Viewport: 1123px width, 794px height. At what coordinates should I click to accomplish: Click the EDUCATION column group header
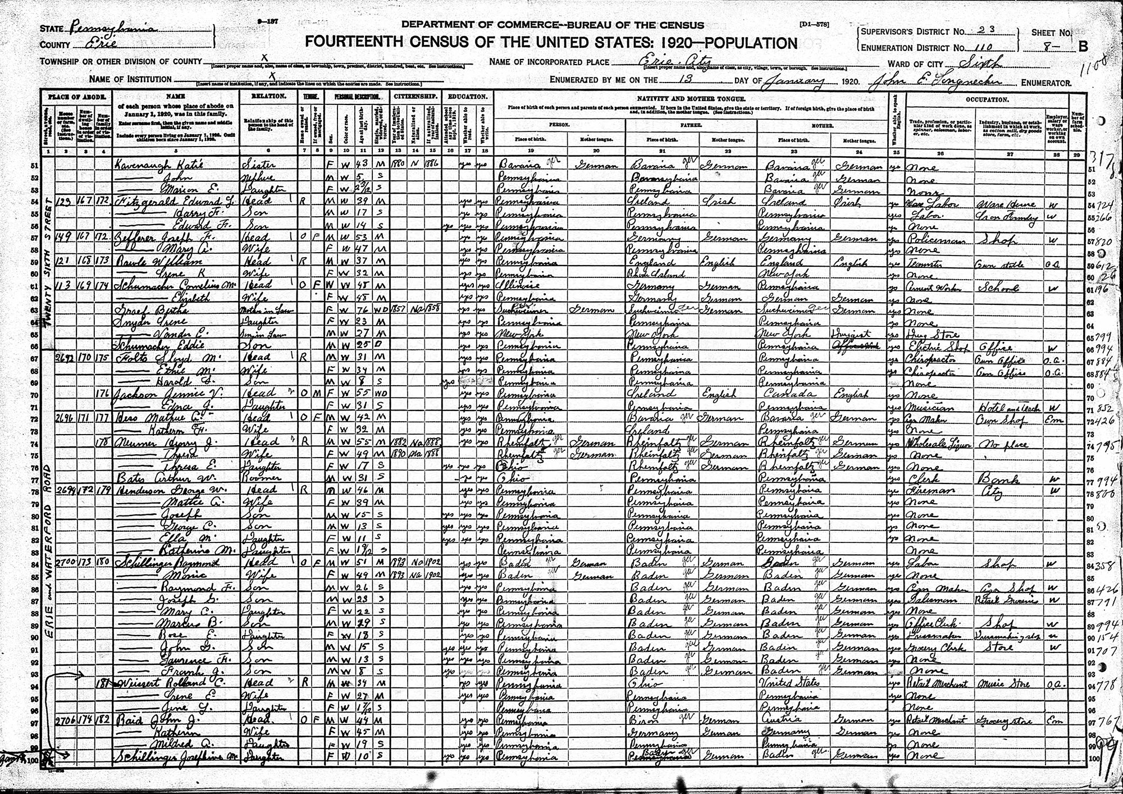[x=468, y=97]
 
